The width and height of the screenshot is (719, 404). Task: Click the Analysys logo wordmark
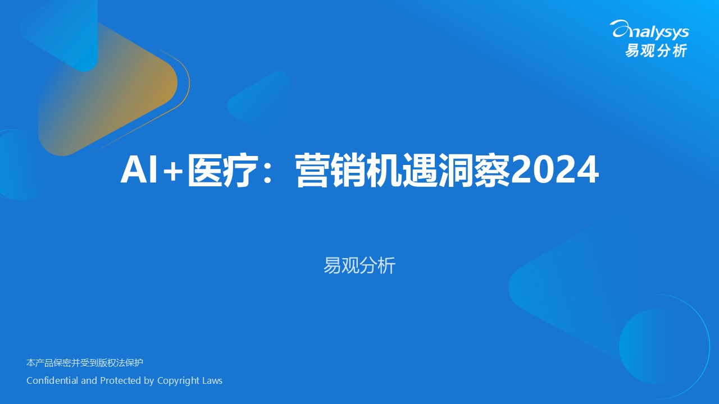pos(650,30)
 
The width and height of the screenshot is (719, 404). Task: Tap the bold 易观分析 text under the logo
pos(656,50)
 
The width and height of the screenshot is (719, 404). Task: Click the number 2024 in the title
pos(554,170)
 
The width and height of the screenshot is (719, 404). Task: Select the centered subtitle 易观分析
pos(359,265)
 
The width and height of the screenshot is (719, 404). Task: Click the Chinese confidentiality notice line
pos(85,362)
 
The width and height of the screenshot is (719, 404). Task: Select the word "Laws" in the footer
pos(212,380)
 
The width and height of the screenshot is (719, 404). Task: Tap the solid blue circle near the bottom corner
pos(658,346)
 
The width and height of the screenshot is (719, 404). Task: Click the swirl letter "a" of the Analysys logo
pos(621,29)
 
